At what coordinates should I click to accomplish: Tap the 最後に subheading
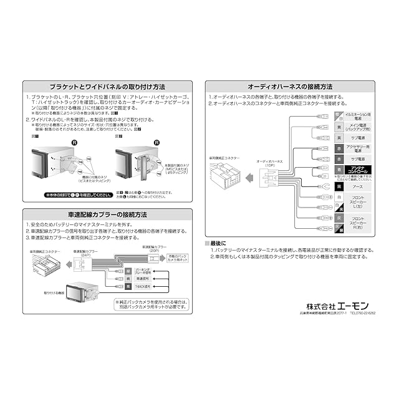[x=218, y=243]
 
